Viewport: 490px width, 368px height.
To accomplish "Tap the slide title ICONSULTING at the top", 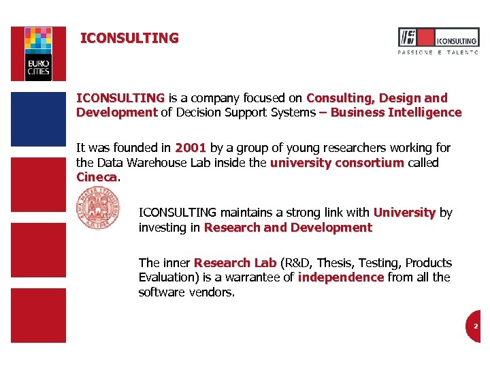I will click(129, 38).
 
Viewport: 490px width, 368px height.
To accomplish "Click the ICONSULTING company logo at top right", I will click(438, 37).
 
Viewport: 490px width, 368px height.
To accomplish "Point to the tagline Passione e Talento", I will click(438, 52).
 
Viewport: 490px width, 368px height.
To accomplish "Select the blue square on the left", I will click(39, 120).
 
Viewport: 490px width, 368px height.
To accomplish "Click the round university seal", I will click(98, 209).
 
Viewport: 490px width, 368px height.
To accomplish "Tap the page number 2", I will click(476, 326).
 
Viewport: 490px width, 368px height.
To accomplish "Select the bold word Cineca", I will click(97, 177).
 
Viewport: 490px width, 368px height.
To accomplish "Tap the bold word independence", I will click(341, 277).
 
